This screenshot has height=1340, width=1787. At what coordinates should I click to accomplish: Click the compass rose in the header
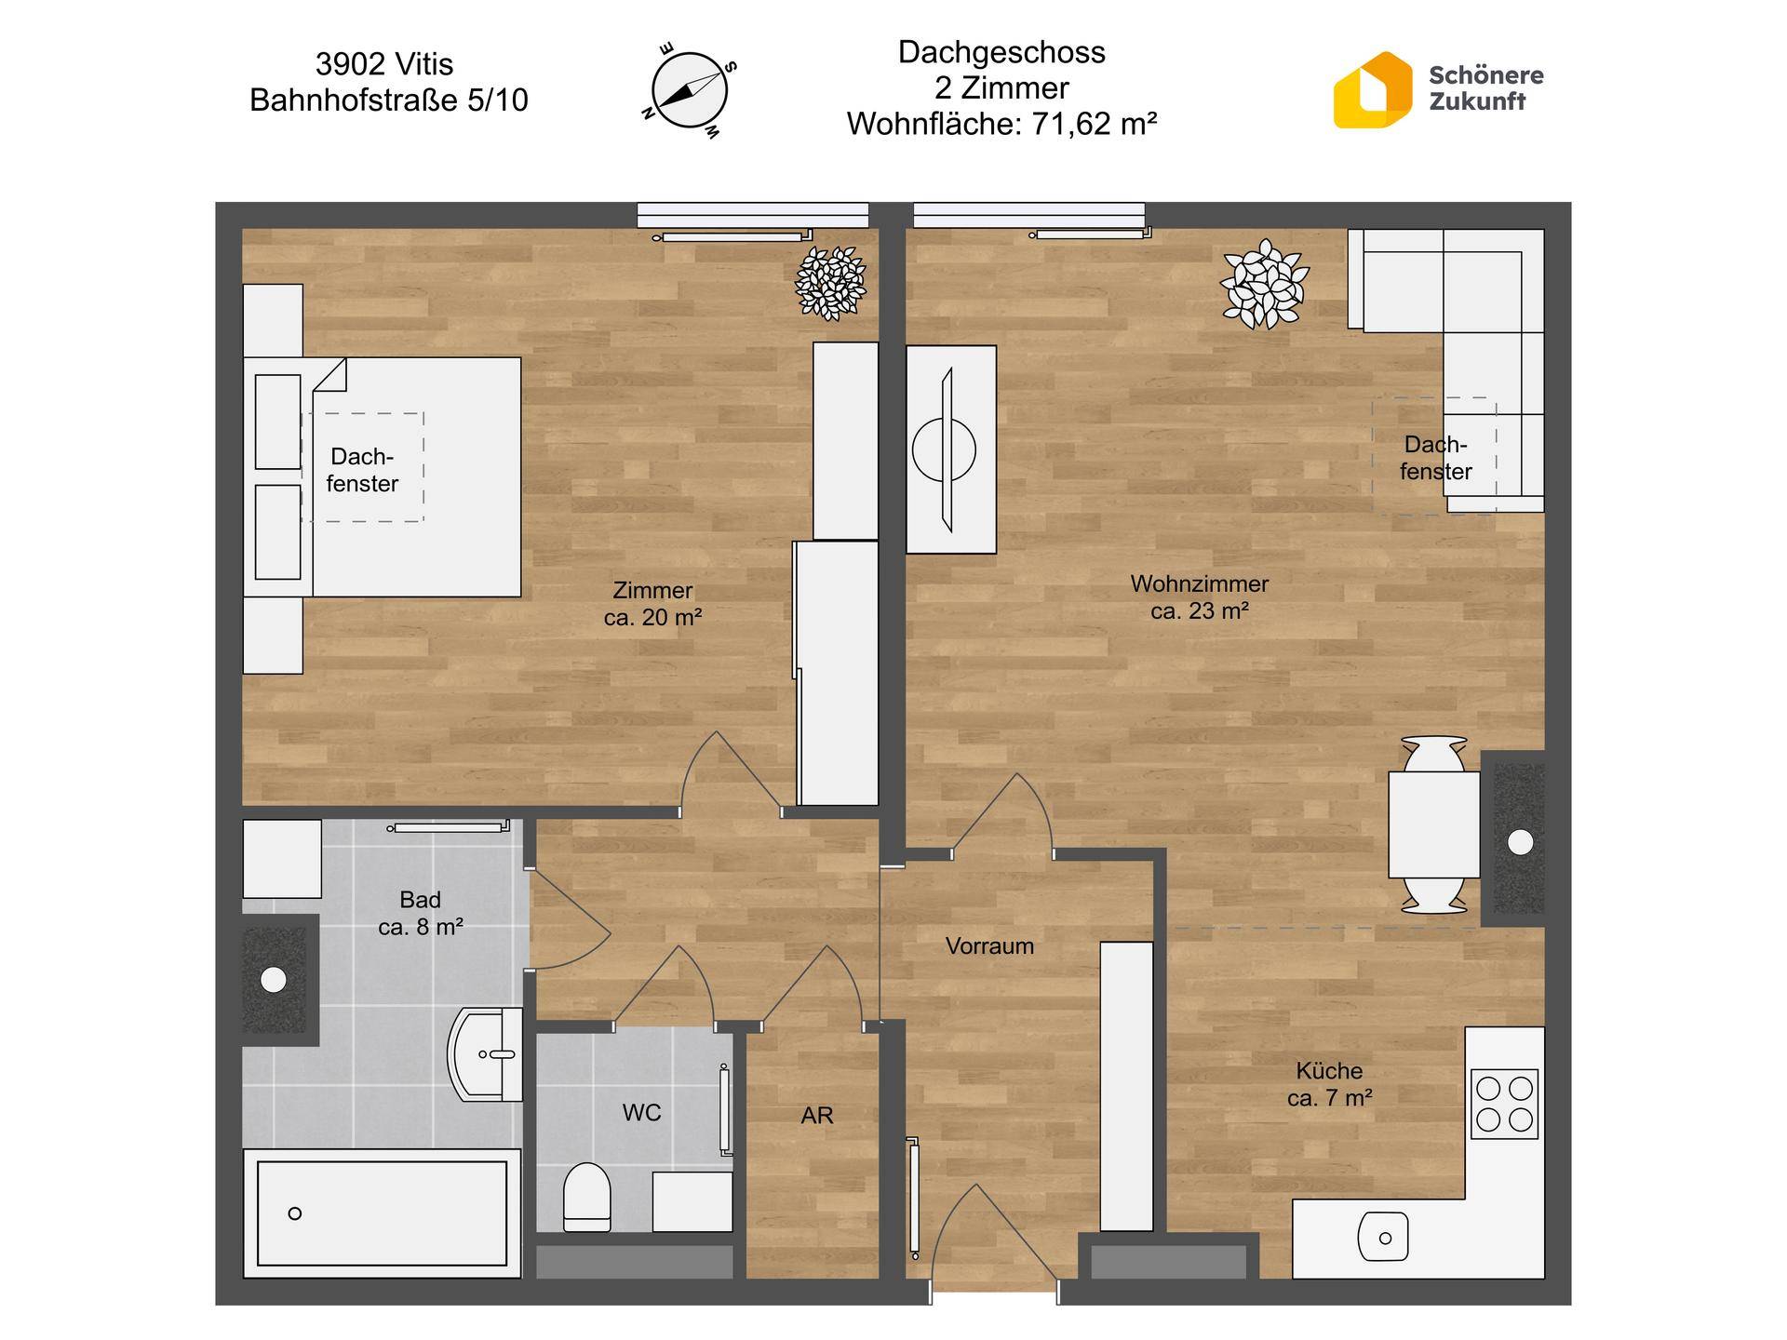click(x=689, y=91)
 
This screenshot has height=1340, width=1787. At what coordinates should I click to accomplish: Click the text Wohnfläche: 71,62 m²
click(x=1001, y=124)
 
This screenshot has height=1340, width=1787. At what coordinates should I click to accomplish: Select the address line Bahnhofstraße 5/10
click(x=389, y=100)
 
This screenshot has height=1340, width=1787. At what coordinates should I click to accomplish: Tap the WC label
click(x=641, y=1112)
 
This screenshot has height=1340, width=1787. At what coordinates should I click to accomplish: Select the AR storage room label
click(x=817, y=1115)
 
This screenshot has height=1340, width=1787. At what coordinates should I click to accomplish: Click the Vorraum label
click(x=989, y=945)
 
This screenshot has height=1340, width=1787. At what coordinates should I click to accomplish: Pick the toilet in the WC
click(x=586, y=1196)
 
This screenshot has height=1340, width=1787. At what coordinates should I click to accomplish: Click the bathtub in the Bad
click(x=381, y=1213)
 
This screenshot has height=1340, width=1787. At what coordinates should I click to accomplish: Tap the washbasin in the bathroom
click(x=487, y=1055)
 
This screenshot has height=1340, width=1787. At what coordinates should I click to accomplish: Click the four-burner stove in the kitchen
click(x=1504, y=1105)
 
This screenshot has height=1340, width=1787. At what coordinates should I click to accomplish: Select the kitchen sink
click(x=1383, y=1237)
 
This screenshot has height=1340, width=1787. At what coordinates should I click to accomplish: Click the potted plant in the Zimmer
click(x=830, y=283)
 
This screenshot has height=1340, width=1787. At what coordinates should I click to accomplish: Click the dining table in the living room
click(x=1433, y=824)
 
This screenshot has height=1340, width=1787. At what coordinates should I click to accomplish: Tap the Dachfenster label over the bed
click(x=362, y=470)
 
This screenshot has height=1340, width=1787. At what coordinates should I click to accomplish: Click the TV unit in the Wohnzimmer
click(x=951, y=449)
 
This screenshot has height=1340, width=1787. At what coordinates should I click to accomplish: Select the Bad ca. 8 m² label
click(x=421, y=913)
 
